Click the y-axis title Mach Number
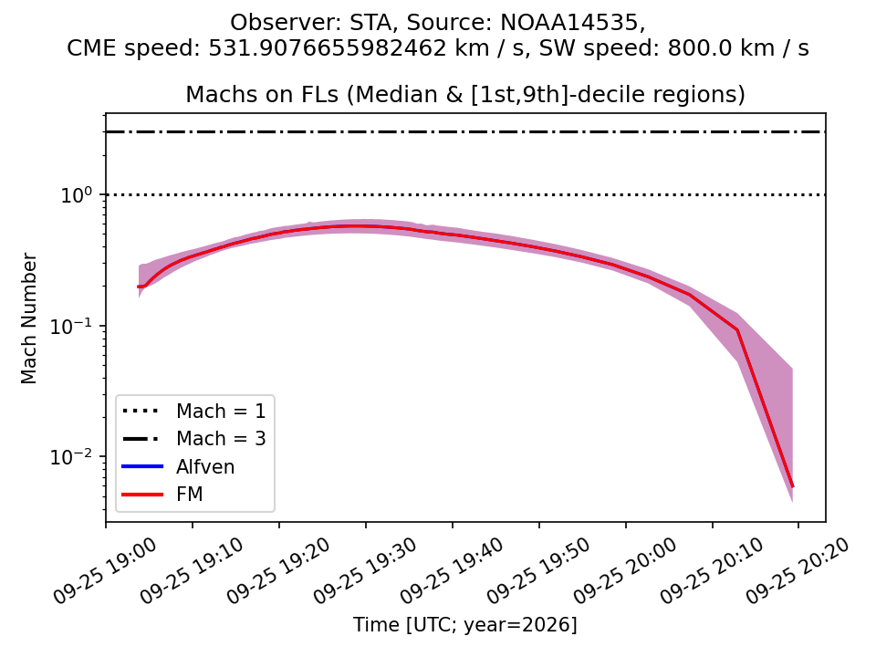click(28, 318)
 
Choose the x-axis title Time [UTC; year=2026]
click(464, 624)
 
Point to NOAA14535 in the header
click(569, 22)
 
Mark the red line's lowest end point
click(793, 486)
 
